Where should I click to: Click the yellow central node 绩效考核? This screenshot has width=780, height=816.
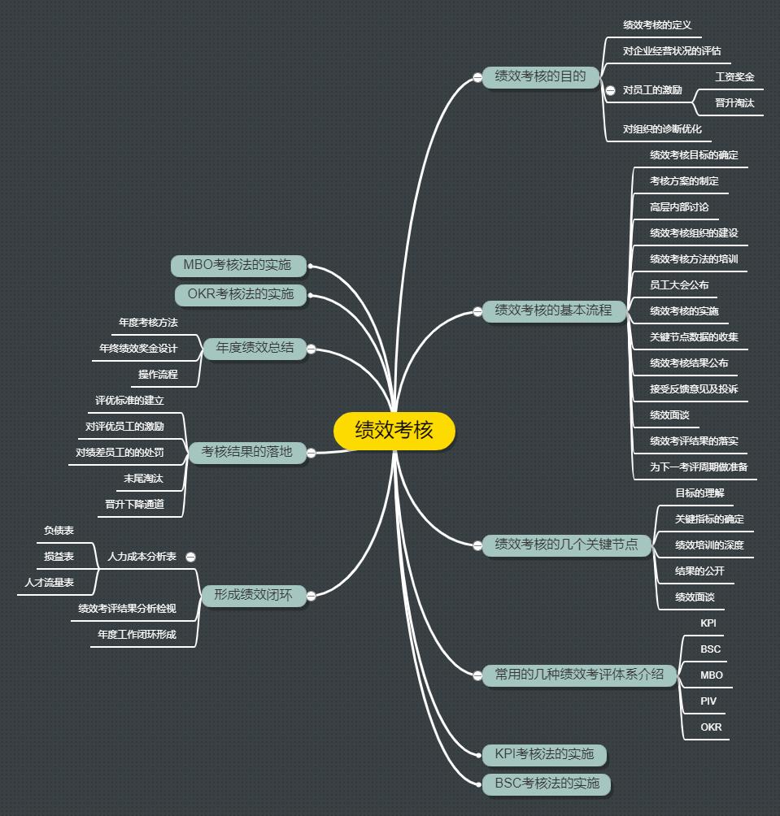(394, 431)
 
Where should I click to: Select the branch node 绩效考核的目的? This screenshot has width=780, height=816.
(541, 77)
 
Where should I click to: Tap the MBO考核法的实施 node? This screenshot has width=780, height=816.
(237, 266)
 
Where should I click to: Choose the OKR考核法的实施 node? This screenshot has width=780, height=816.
(240, 294)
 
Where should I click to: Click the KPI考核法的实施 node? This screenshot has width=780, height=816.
(544, 754)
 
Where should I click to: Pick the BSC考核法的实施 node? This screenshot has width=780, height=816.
(547, 783)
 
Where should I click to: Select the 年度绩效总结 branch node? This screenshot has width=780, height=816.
(255, 348)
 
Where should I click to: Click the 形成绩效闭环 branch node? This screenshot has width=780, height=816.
(253, 595)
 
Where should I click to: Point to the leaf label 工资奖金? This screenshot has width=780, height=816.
(734, 77)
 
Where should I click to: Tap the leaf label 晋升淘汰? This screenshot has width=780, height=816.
(734, 103)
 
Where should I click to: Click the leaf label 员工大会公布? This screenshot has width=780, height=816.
(679, 285)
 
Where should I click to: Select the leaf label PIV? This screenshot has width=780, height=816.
(708, 701)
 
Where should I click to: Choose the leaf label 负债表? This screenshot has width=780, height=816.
(59, 530)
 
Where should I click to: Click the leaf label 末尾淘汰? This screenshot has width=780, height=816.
(143, 478)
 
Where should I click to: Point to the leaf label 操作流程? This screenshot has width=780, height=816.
(158, 374)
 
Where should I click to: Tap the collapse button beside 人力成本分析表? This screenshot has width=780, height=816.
(190, 558)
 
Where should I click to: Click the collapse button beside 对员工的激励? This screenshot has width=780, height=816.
(610, 90)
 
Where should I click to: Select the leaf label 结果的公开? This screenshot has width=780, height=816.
(699, 571)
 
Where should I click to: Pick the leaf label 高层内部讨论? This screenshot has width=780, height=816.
(679, 207)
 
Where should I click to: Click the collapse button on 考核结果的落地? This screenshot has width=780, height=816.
(311, 453)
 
